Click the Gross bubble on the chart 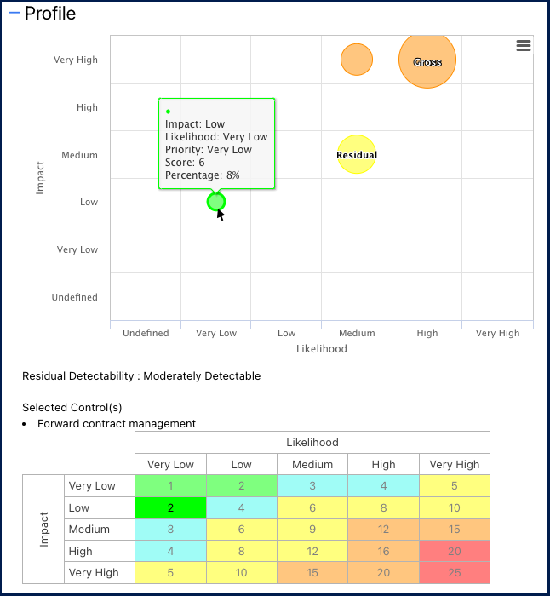(x=427, y=60)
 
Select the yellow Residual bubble (x=357, y=154)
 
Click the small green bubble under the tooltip (x=216, y=202)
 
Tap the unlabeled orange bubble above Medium (x=357, y=60)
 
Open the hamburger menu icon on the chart (x=524, y=46)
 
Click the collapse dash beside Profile (x=14, y=14)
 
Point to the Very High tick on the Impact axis (x=76, y=60)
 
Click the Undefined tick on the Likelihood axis (x=146, y=333)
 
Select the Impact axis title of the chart (x=40, y=178)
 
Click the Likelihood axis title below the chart (x=321, y=349)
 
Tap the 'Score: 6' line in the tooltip (x=185, y=163)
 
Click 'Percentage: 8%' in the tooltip (x=203, y=175)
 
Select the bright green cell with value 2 (x=170, y=508)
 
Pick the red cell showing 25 (x=454, y=573)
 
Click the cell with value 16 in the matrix (x=383, y=552)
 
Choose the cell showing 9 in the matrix (x=312, y=530)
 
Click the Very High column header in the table (x=454, y=465)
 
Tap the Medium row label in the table (x=89, y=530)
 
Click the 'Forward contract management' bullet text (x=117, y=424)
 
